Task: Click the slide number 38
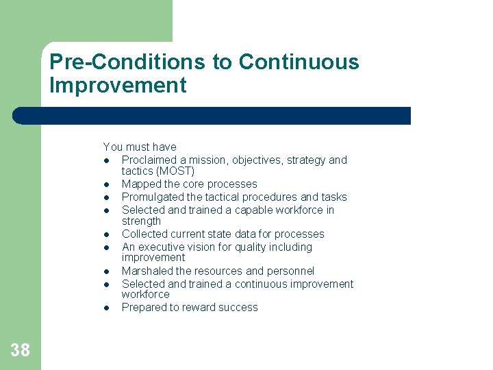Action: (21, 351)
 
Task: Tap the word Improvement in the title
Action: (118, 86)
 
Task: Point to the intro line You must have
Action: (139, 147)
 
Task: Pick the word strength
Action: (141, 221)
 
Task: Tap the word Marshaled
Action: (147, 271)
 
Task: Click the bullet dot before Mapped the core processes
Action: (108, 184)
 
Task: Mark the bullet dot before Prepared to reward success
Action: (108, 308)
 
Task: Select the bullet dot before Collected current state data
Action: (108, 234)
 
